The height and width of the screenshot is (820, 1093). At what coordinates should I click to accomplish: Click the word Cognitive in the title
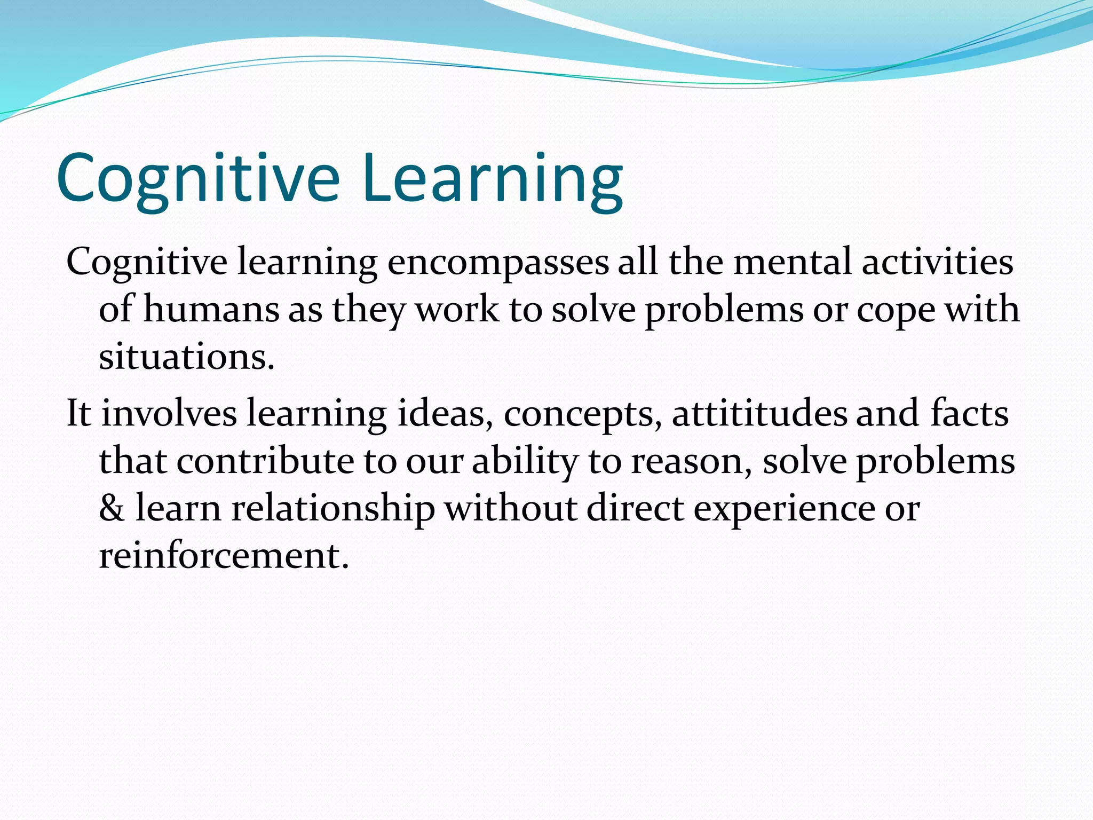(x=197, y=179)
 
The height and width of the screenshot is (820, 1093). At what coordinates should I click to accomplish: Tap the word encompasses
(x=497, y=263)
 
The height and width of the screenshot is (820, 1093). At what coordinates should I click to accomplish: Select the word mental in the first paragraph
(x=792, y=263)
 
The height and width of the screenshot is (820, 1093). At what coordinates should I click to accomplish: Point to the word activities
(x=937, y=263)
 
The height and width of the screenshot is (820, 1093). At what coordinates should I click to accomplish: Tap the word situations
(x=186, y=357)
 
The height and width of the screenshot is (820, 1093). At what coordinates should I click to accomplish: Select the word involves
(x=169, y=414)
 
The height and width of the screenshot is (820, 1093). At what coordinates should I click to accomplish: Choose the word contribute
(x=265, y=461)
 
